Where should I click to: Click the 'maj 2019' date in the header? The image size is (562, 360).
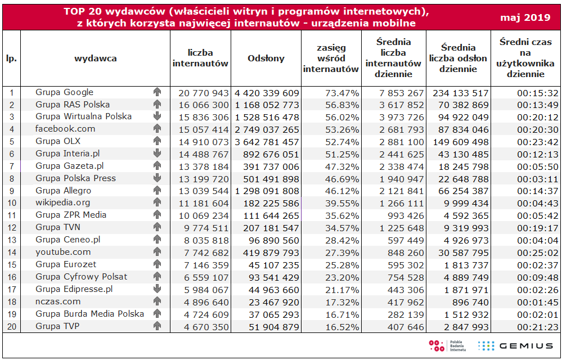point(525,17)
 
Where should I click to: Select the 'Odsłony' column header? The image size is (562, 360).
point(266,58)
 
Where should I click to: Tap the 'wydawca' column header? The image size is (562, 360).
point(95,58)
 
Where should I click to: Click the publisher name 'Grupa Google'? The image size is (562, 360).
point(64,92)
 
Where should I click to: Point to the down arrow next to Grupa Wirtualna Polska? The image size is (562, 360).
point(156,116)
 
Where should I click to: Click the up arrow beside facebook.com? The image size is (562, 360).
point(156,128)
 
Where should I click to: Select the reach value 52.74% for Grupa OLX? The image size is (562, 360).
point(342,142)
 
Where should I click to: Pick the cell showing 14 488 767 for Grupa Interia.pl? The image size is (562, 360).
point(204,154)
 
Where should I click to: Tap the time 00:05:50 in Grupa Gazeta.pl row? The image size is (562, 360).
point(538,167)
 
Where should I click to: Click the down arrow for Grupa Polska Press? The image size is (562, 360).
point(156,178)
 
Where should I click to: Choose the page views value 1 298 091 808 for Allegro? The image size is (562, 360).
point(267,191)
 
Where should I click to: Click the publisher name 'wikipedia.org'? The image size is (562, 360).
point(62,202)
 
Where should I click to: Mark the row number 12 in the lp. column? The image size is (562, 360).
point(11,228)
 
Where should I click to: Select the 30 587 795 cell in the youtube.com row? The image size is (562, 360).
point(464,253)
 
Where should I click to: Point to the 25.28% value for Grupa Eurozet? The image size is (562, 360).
point(342,265)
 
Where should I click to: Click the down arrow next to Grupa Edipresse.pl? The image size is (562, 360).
point(156,289)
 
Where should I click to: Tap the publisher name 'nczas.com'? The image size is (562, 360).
point(58,301)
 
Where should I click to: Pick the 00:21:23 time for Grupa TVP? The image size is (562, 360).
point(538,327)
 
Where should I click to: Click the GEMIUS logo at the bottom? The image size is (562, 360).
point(516,346)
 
